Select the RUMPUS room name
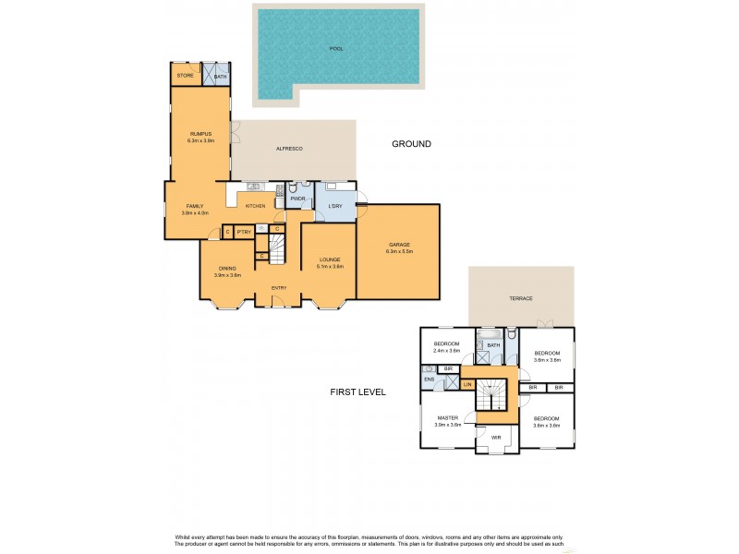pyautogui.click(x=200, y=134)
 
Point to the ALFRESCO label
pyautogui.click(x=290, y=149)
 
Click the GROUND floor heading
pyautogui.click(x=411, y=144)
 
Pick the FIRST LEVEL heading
pyautogui.click(x=357, y=392)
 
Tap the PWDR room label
pyautogui.click(x=297, y=199)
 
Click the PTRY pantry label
pyautogui.click(x=243, y=232)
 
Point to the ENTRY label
pyautogui.click(x=278, y=288)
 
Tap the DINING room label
pyautogui.click(x=227, y=268)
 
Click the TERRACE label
pyautogui.click(x=522, y=298)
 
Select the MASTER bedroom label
pyautogui.click(x=448, y=417)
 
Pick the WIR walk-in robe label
pyautogui.click(x=496, y=437)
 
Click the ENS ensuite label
pyautogui.click(x=429, y=379)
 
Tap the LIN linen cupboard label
pyautogui.click(x=468, y=384)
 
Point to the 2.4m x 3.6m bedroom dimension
pyautogui.click(x=447, y=351)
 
